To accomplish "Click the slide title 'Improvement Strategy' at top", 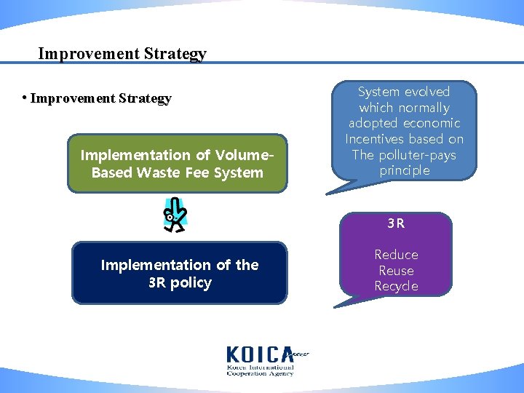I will (x=122, y=54).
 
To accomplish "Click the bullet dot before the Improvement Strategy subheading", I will (x=25, y=98).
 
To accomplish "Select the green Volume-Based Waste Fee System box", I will (x=178, y=163).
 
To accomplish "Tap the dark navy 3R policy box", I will (x=179, y=273).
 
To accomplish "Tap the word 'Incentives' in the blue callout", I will (x=374, y=139).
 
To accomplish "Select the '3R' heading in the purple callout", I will (x=396, y=223).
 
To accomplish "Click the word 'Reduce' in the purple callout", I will (x=396, y=255).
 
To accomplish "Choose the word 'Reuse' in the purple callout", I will (x=396, y=271).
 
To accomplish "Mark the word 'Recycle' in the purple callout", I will (x=396, y=286).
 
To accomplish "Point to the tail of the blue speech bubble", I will (x=332, y=191).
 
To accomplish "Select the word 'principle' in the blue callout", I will (x=405, y=171).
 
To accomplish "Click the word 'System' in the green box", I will (x=243, y=173).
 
